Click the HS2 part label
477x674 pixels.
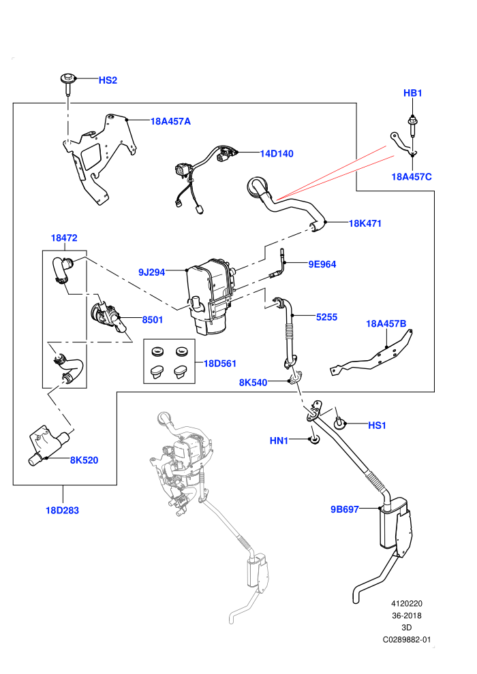pyautogui.click(x=108, y=80)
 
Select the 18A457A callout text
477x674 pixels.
pyautogui.click(x=170, y=121)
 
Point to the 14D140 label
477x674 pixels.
pyautogui.click(x=277, y=153)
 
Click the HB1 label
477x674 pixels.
pyautogui.click(x=412, y=93)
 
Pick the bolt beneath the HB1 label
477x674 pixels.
pyautogui.click(x=412, y=125)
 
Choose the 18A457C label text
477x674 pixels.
pyautogui.click(x=412, y=176)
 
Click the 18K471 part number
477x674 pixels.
pyautogui.click(x=365, y=223)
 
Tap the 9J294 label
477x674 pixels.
pyautogui.click(x=152, y=272)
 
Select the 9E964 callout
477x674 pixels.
pyautogui.click(x=322, y=264)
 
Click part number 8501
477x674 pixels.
pyautogui.click(x=153, y=320)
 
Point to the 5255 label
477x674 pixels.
pyautogui.click(x=326, y=317)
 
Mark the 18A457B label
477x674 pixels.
pyautogui.click(x=386, y=323)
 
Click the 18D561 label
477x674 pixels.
pyautogui.click(x=220, y=364)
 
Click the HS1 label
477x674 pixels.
pyautogui.click(x=378, y=426)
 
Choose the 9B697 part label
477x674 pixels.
pyautogui.click(x=345, y=509)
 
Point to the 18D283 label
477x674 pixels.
pyautogui.click(x=63, y=511)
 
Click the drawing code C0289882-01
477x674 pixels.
pyautogui.click(x=406, y=639)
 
